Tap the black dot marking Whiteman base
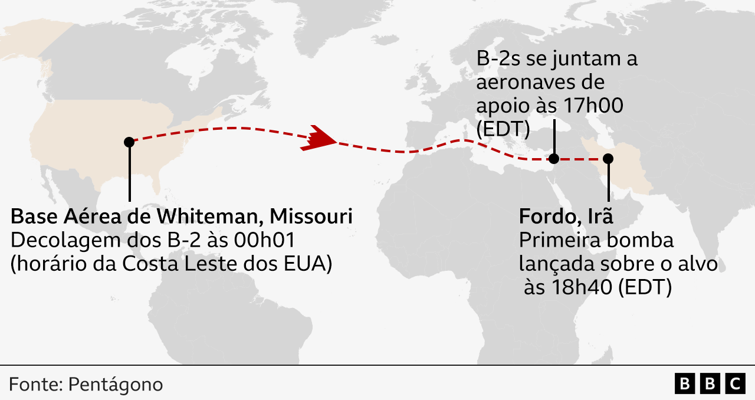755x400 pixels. click(129, 142)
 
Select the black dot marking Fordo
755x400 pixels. click(608, 158)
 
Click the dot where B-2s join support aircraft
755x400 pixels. click(554, 158)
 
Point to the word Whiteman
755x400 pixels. click(208, 217)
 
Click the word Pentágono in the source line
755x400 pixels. click(116, 385)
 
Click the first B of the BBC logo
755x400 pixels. click(684, 384)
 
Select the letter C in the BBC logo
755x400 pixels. click(735, 384)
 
